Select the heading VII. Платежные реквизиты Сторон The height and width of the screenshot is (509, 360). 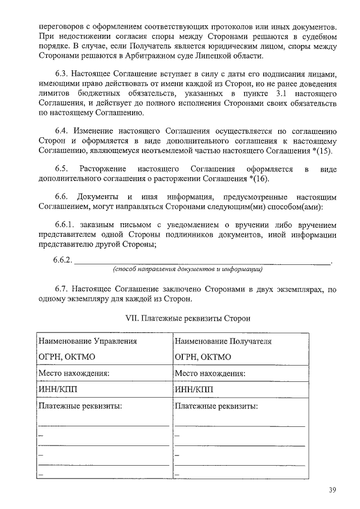tap(188, 318)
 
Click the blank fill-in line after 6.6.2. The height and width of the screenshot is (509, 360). tap(202, 262)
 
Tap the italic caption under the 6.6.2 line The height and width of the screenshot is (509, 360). tap(188, 270)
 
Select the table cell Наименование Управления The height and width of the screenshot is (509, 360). tap(87, 341)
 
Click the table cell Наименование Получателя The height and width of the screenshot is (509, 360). tap(223, 341)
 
